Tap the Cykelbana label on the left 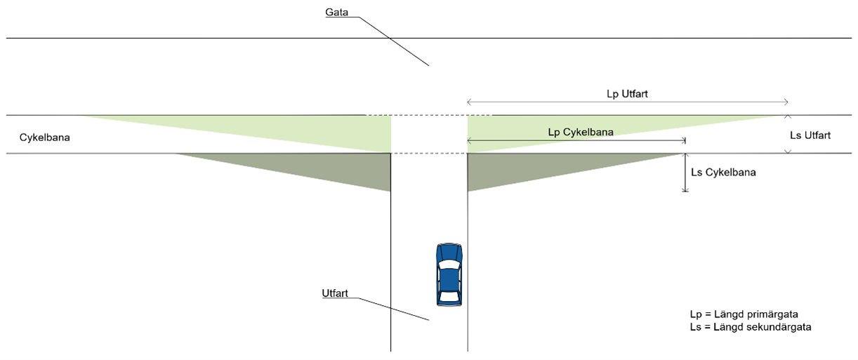coord(45,138)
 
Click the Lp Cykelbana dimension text coord(581,132)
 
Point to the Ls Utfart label coord(810,135)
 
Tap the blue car coord(449,274)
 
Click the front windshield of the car coord(449,265)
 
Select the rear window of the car coord(449,297)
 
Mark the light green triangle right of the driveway coord(534,130)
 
